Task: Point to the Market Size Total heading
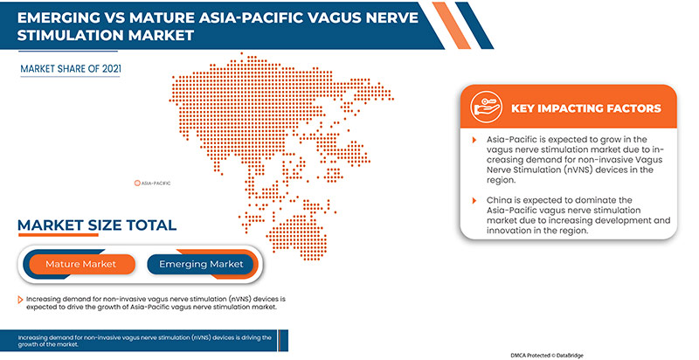pyautogui.click(x=96, y=225)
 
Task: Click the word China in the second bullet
pyautogui.click(x=502, y=200)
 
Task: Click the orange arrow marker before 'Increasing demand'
pyautogui.click(x=20, y=300)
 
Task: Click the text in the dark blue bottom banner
pyautogui.click(x=144, y=341)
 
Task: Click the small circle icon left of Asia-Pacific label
pyautogui.click(x=137, y=183)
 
